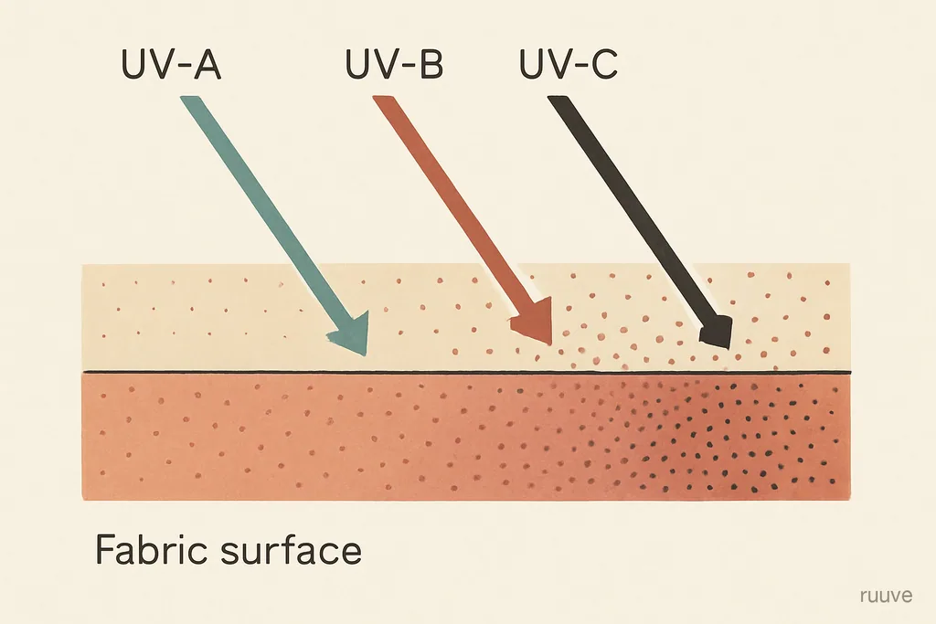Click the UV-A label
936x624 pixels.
pyautogui.click(x=171, y=64)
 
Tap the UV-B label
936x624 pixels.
pyautogui.click(x=395, y=64)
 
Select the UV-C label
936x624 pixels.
pyautogui.click(x=569, y=64)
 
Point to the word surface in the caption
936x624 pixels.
pyautogui.click(x=292, y=549)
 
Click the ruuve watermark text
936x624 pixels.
pyautogui.click(x=887, y=596)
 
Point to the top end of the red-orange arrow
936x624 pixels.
pyautogui.click(x=383, y=99)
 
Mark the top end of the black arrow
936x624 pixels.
pyautogui.click(x=558, y=100)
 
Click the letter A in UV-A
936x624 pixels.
pyautogui.click(x=207, y=64)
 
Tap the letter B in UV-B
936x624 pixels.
pyautogui.click(x=431, y=64)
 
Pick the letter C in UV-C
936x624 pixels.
pyautogui.click(x=604, y=64)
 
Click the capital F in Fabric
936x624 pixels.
pyautogui.click(x=105, y=549)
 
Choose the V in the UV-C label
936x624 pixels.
pyautogui.click(x=559, y=64)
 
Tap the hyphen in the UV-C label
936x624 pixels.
pyautogui.click(x=580, y=67)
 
